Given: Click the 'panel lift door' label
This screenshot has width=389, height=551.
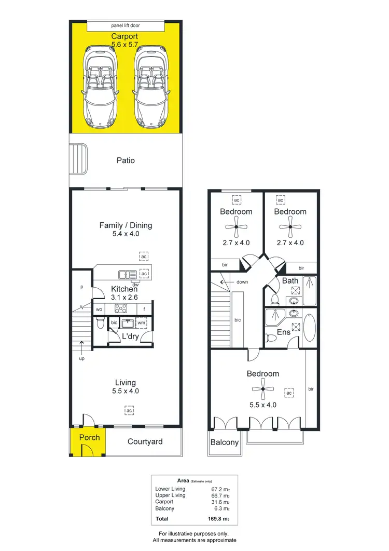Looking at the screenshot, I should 126,25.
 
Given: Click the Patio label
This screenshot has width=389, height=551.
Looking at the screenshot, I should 126,160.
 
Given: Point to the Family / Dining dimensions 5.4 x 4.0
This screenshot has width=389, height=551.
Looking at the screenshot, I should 126,234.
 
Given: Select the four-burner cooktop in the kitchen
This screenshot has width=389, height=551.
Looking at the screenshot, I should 121,309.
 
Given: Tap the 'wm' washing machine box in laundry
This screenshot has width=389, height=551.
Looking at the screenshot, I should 141,323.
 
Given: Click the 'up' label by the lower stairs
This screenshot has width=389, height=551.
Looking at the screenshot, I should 81,358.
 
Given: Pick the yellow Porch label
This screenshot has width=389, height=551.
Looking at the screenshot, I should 89,437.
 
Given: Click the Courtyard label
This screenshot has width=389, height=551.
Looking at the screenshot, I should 145,441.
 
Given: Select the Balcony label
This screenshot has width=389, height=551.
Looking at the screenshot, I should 225,442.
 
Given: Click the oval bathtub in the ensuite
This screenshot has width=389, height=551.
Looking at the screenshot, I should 309,327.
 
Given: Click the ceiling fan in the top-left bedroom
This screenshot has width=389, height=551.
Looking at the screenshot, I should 236,227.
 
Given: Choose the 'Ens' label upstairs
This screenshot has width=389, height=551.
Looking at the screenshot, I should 283,332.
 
